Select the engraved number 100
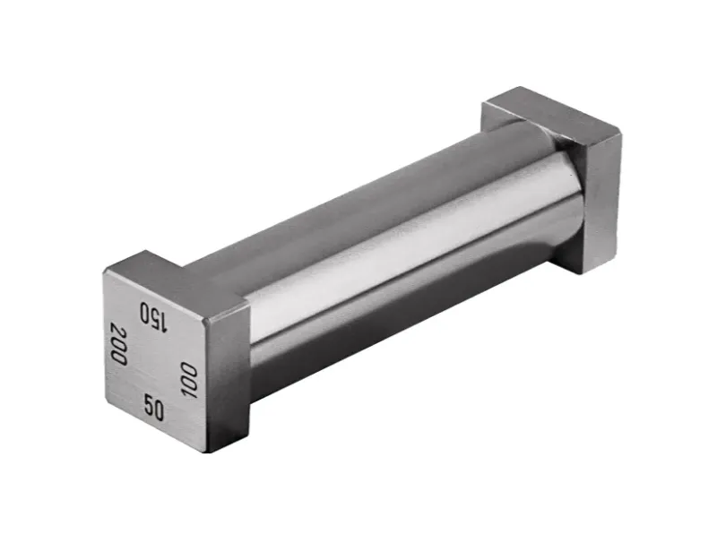(188, 380)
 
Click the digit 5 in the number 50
(148, 406)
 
